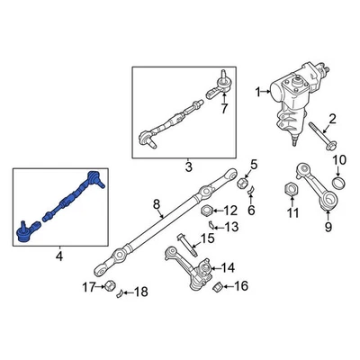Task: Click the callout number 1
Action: [259, 92]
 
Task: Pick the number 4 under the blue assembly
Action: [59, 257]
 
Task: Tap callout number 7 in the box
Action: [223, 110]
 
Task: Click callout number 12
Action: [231, 211]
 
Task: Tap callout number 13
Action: [231, 226]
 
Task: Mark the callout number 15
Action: [207, 238]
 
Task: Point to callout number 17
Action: [88, 288]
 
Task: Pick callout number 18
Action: [139, 290]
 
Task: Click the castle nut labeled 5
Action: [242, 184]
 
